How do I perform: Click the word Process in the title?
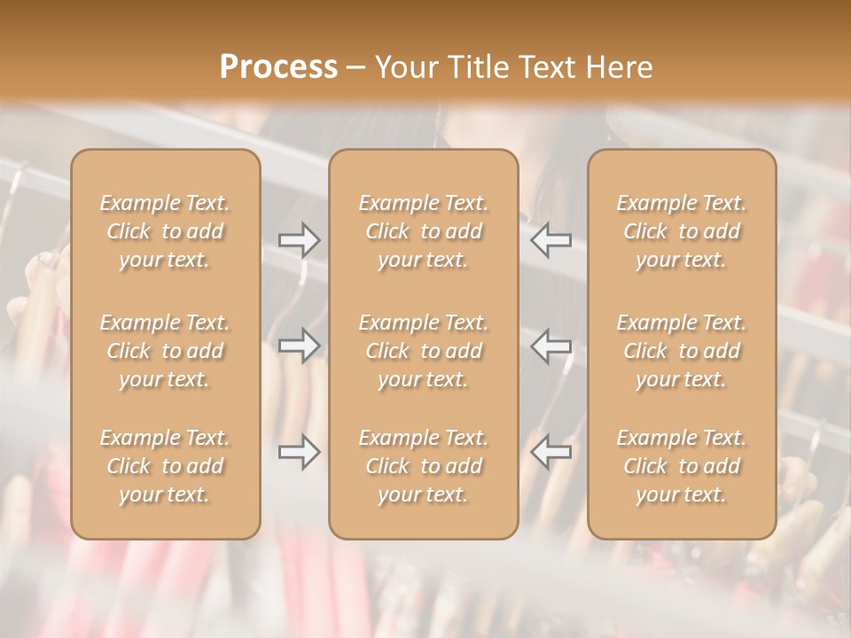[278, 67]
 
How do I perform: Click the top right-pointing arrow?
[300, 240]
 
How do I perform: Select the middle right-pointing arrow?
[300, 346]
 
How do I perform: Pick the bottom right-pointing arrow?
[300, 453]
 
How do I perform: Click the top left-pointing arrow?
[551, 240]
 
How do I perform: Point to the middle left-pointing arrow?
[551, 346]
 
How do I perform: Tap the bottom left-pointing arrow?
[551, 453]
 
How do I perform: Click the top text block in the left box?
[165, 231]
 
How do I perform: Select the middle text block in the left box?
[165, 351]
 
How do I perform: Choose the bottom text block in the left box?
[165, 466]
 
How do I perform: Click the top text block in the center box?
[424, 231]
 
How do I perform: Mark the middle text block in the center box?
[424, 351]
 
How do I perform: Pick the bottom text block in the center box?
[424, 466]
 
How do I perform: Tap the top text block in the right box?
[682, 231]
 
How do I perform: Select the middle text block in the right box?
[682, 351]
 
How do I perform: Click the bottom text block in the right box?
[682, 466]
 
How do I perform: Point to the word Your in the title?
[405, 67]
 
